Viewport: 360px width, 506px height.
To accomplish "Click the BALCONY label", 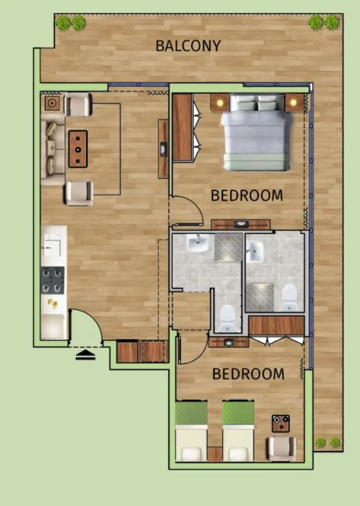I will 188,46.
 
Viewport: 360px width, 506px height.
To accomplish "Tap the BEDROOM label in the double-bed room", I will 246,195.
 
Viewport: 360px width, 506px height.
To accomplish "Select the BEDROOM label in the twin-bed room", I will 248,374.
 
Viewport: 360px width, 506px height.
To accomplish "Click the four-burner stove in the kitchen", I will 52,280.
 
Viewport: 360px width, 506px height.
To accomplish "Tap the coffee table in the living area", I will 78,149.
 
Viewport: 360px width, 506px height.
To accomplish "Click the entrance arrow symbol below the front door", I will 85,354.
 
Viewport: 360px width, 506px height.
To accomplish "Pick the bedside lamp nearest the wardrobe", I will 220,102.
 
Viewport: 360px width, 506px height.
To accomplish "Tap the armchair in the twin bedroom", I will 281,448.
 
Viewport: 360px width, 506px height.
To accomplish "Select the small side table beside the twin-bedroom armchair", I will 280,423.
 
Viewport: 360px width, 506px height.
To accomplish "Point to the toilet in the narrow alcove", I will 227,318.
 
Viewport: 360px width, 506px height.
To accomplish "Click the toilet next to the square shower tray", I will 290,297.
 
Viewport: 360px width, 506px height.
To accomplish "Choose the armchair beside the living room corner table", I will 79,104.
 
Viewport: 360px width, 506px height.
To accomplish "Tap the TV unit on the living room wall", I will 163,149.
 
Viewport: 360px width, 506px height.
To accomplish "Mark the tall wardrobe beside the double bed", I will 182,127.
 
